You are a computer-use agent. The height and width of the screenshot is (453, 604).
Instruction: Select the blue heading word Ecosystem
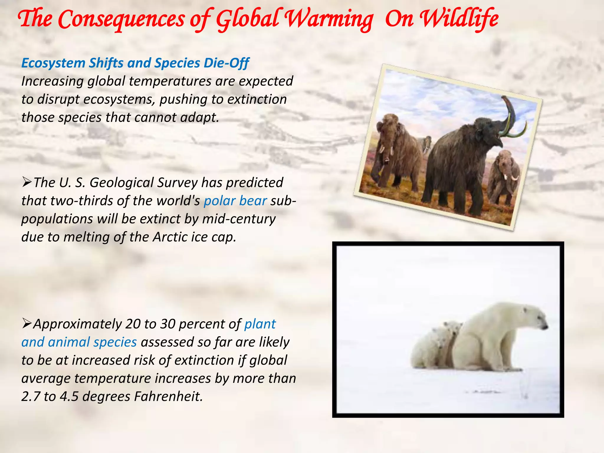coord(53,63)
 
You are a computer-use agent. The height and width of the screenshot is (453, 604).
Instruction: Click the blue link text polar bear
coord(235,201)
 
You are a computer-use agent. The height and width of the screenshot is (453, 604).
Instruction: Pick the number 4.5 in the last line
coord(69,396)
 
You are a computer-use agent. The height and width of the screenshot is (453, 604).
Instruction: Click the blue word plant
coord(260,324)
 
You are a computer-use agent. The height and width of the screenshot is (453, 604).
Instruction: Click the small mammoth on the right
coord(503,177)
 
